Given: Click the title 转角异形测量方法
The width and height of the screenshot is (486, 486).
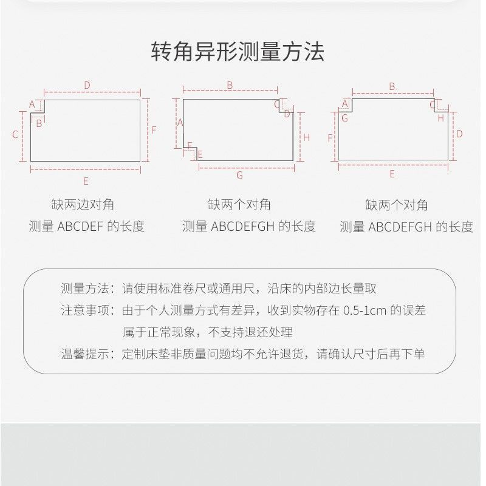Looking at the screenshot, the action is (238, 52).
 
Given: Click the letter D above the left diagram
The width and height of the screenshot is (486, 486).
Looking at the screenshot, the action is (87, 85).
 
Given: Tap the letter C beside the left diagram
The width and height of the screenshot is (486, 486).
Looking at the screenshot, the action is (15, 134).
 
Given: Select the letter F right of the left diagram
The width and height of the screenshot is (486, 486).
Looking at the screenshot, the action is (154, 130).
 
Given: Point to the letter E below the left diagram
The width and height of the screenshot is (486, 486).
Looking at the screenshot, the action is (86, 181).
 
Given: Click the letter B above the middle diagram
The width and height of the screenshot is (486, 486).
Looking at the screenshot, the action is (230, 85).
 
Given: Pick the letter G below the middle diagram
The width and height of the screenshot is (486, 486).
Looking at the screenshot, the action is (239, 176).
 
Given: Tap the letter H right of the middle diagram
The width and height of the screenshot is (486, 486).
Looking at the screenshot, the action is (307, 137).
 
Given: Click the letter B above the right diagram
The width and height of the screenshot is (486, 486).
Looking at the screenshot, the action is (392, 86).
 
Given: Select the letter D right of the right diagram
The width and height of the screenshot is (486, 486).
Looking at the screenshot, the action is (459, 134).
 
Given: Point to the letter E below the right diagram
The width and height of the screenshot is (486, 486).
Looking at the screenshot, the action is (392, 174).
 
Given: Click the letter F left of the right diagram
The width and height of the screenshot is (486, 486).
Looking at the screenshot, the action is (330, 138).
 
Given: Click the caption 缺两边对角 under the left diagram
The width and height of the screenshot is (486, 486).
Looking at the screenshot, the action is (83, 205).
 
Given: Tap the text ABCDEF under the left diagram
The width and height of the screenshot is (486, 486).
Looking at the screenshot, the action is (80, 227).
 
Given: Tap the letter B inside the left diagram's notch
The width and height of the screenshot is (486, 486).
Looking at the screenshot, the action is (39, 123).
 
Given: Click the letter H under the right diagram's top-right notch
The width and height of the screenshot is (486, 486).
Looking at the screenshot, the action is (441, 118).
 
